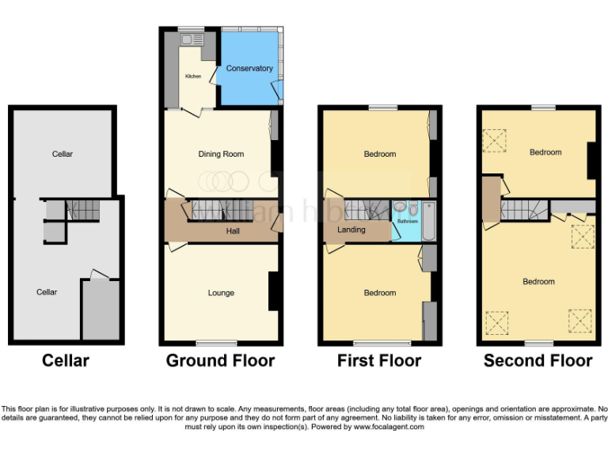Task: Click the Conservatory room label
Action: [x=249, y=69]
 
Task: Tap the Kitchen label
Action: [x=193, y=77]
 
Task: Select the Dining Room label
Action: [x=221, y=154]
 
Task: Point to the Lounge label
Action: [x=221, y=293]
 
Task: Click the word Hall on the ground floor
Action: [x=233, y=231]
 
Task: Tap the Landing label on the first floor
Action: [x=351, y=230]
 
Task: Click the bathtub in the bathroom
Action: [x=428, y=221]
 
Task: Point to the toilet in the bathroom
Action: [x=400, y=208]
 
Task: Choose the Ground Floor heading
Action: [x=220, y=361]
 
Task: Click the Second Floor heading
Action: [x=538, y=361]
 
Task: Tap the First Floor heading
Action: [x=380, y=361]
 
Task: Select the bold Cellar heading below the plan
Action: [x=65, y=361]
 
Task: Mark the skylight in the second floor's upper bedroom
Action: [x=495, y=141]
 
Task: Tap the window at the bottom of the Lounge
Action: [x=216, y=344]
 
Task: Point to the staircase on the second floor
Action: [x=523, y=210]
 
